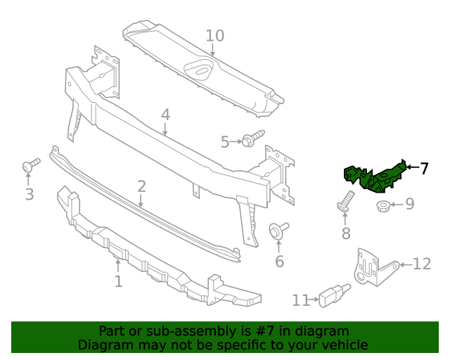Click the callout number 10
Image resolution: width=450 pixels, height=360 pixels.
[214, 36]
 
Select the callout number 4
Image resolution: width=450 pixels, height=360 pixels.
[165, 115]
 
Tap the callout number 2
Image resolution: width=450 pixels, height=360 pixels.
[141, 186]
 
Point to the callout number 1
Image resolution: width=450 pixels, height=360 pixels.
[118, 281]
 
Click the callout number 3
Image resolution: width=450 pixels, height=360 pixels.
[29, 193]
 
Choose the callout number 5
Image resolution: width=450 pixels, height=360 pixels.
[225, 142]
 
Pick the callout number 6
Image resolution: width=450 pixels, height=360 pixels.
[279, 262]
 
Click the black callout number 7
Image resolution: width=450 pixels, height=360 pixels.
[424, 168]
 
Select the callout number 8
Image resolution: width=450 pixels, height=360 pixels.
[346, 233]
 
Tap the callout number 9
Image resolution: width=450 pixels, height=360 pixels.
[409, 205]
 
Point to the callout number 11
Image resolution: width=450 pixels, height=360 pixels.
[300, 300]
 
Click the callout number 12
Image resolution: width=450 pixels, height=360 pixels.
[421, 264]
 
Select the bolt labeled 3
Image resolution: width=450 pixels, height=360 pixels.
[30, 165]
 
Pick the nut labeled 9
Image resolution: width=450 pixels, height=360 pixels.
[384, 206]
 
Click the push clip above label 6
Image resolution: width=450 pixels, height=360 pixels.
[278, 231]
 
